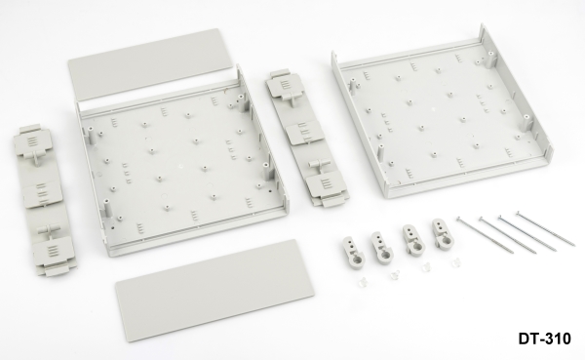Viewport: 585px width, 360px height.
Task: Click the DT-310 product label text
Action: [x=544, y=339]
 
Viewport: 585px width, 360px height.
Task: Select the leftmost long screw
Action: [x=485, y=234]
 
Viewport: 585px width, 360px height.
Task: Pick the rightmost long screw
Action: [x=545, y=228]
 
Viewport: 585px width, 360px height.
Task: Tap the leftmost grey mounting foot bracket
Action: [x=351, y=249]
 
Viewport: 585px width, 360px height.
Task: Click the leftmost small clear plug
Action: [x=363, y=282]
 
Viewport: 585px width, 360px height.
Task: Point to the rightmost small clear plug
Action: [x=457, y=263]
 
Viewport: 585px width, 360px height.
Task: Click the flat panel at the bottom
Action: [x=214, y=290]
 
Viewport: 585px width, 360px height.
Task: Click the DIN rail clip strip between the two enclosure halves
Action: [x=306, y=138]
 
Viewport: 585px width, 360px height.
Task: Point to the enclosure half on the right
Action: [x=442, y=112]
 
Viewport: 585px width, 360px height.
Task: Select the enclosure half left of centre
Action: [x=183, y=163]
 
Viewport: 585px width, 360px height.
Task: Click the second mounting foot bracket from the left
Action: [x=382, y=247]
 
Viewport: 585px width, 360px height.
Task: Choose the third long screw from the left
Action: [x=527, y=232]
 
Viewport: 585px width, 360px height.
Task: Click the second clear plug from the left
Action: [x=395, y=276]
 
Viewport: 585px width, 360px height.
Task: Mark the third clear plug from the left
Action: [x=426, y=268]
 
